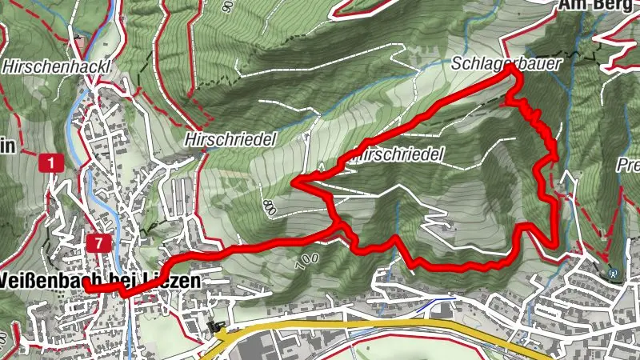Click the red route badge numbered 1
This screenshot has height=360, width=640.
[x=50, y=164]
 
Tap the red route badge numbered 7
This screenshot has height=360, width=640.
[x=98, y=242]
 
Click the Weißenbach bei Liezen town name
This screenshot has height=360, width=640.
[x=99, y=282]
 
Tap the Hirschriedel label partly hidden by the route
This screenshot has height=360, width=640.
[x=400, y=154]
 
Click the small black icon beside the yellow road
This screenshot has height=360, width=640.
[x=213, y=326]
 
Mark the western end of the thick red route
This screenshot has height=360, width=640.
[x=84, y=288]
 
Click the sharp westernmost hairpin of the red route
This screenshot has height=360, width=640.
[x=295, y=184]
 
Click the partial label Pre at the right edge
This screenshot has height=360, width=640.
[x=629, y=166]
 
